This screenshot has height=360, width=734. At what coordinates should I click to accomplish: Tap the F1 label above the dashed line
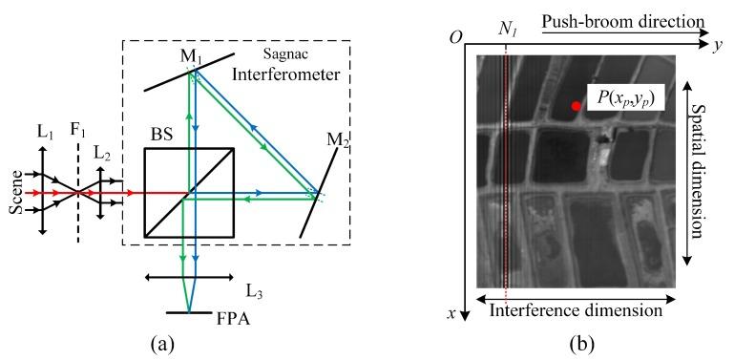click(80, 124)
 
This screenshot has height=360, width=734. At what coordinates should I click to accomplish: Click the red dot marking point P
click(576, 106)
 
